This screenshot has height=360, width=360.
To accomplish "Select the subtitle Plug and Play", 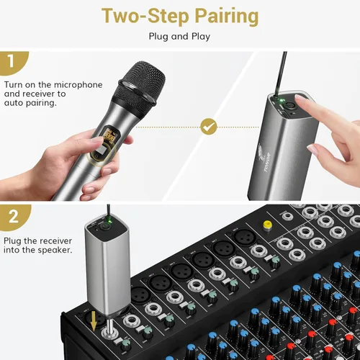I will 179,35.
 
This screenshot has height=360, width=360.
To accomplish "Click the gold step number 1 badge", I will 14,63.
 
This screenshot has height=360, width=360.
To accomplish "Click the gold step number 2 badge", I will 14,215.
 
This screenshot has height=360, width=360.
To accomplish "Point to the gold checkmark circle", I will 209,127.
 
